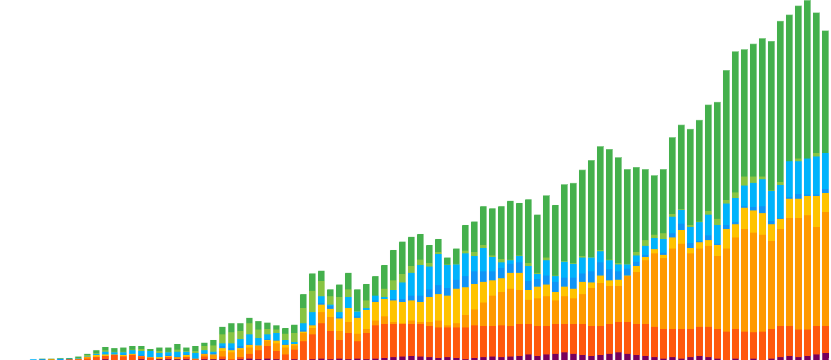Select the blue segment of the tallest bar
click(x=807, y=177)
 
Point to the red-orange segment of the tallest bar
click(x=807, y=342)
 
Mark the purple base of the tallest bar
click(x=807, y=357)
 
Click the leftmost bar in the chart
click(x=33, y=359)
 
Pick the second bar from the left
click(x=42, y=359)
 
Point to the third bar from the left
click(x=51, y=359)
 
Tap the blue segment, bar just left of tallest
click(x=798, y=179)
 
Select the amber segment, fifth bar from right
click(x=780, y=277)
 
